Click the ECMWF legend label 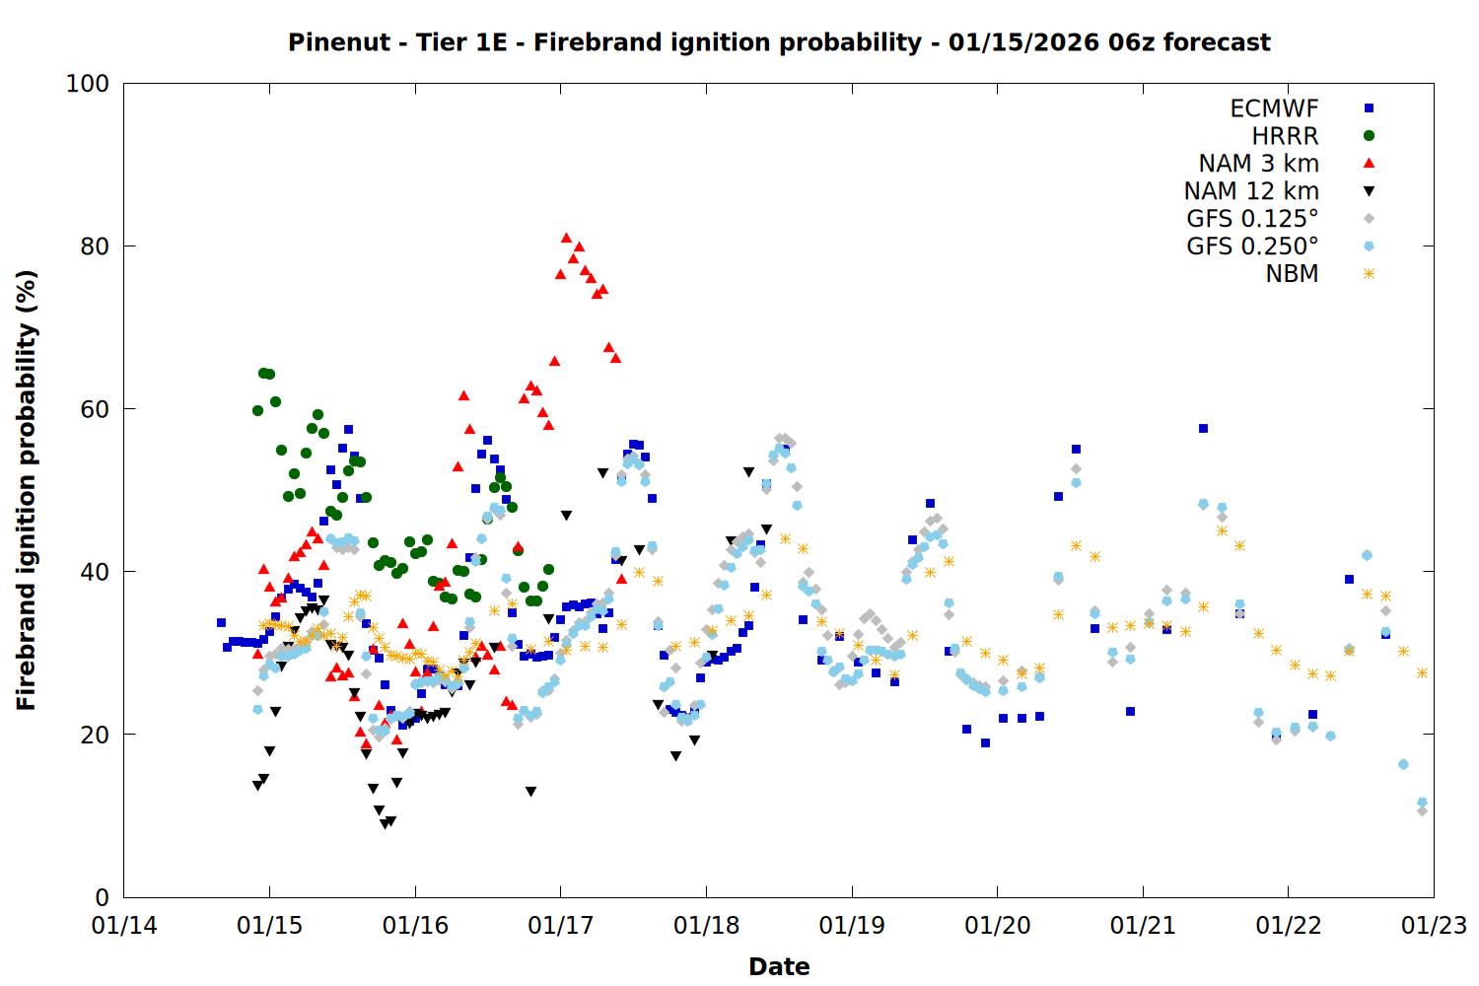pyautogui.click(x=1274, y=108)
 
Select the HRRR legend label pyautogui.click(x=1285, y=136)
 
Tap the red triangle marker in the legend pyautogui.click(x=1369, y=164)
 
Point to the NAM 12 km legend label pyautogui.click(x=1251, y=191)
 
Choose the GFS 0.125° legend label pyautogui.click(x=1252, y=219)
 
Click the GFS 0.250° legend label pyautogui.click(x=1252, y=246)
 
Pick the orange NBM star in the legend pyautogui.click(x=1369, y=274)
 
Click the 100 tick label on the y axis pyautogui.click(x=88, y=84)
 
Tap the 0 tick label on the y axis pyautogui.click(x=102, y=897)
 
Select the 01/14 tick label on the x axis pyautogui.click(x=124, y=926)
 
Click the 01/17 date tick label pyautogui.click(x=561, y=926)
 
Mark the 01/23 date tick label pyautogui.click(x=1434, y=926)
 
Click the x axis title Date pyautogui.click(x=779, y=966)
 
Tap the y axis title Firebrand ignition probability pyautogui.click(x=27, y=490)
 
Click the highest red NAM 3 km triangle pyautogui.click(x=566, y=238)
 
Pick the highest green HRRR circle pyautogui.click(x=263, y=373)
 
